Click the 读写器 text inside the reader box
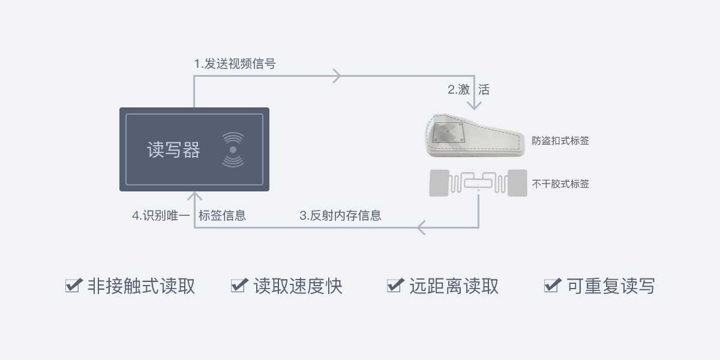click(173, 150)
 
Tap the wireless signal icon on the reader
click(233, 149)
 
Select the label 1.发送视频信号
click(235, 64)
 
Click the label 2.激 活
click(468, 90)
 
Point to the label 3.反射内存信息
click(340, 215)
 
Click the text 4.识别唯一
click(161, 215)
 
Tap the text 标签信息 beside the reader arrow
click(222, 215)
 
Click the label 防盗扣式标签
click(560, 141)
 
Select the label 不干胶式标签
click(560, 184)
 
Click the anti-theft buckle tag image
click(475, 136)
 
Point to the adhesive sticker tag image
click(478, 183)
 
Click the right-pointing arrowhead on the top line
click(337, 76)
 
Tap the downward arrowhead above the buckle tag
click(475, 105)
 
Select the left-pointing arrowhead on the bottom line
click(421, 228)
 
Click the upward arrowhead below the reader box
click(194, 197)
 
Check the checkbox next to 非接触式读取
click(73, 286)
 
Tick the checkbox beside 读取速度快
click(239, 286)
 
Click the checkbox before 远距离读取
click(395, 286)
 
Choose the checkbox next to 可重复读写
click(551, 286)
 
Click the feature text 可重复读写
click(611, 286)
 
